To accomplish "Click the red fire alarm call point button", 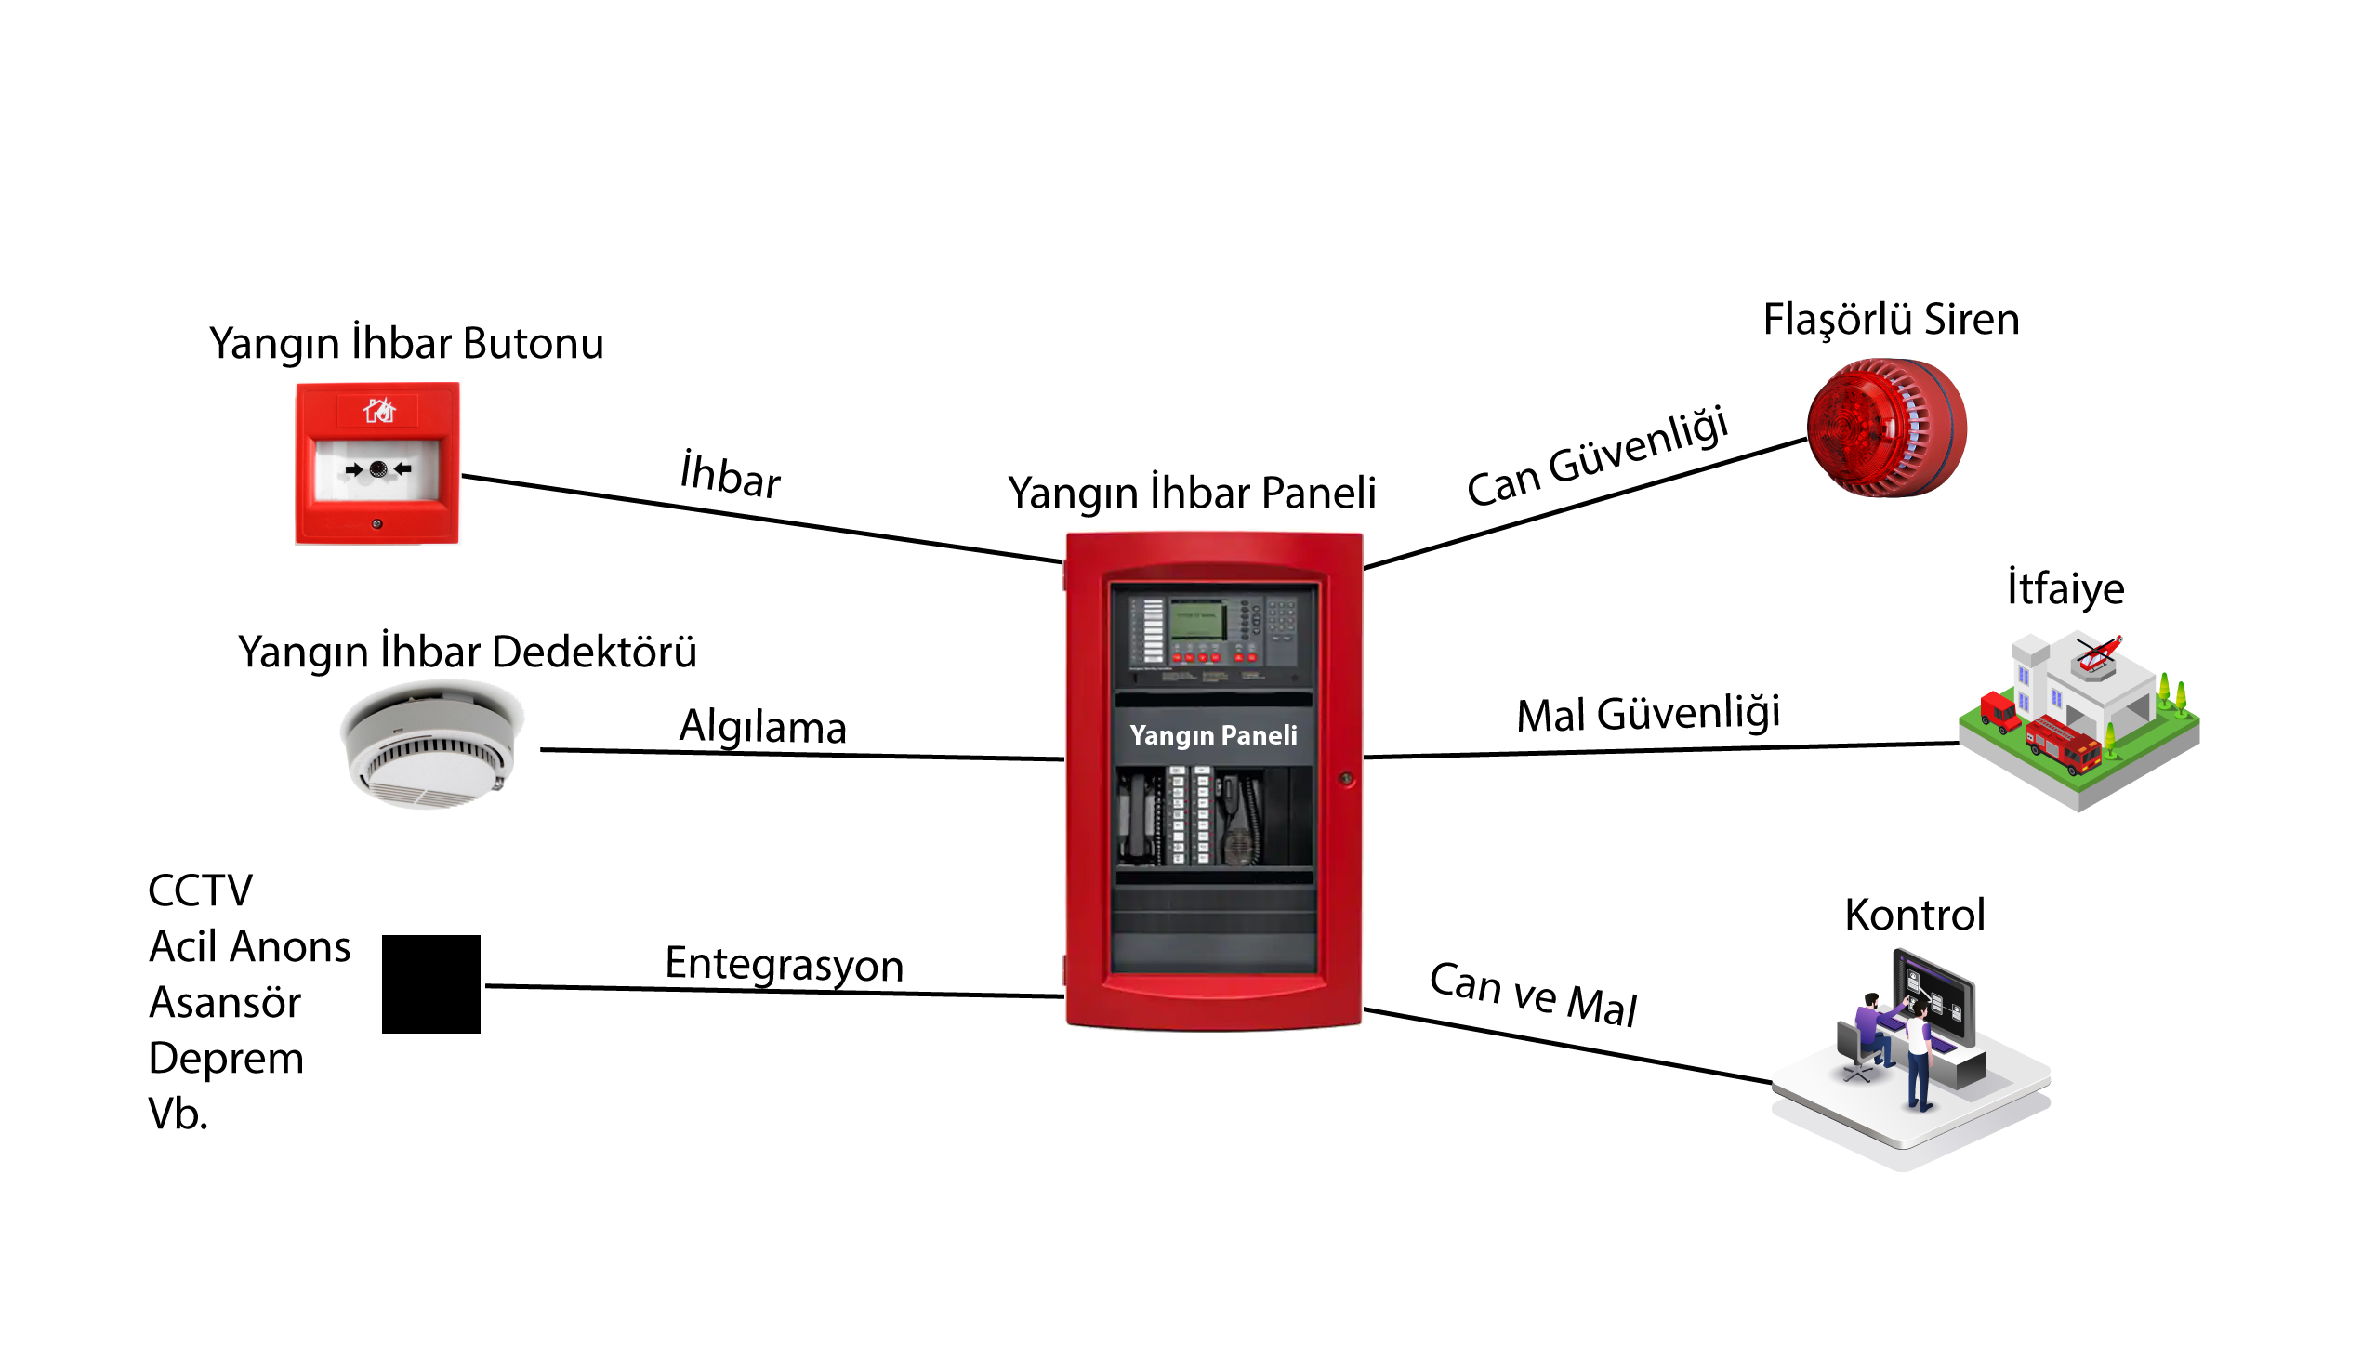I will (x=376, y=463).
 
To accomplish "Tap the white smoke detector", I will (x=429, y=745).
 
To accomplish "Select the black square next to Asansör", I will (x=430, y=984).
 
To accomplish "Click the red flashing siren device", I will (x=1885, y=428).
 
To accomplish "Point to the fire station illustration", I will (x=2078, y=719).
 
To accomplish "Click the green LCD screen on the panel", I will (x=1198, y=621).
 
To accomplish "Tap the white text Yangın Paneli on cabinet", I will (x=1213, y=735).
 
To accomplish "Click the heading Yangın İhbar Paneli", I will (x=1192, y=493).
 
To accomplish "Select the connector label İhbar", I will (x=730, y=476).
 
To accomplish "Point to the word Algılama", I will (x=762, y=728).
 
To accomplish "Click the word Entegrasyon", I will (x=785, y=964).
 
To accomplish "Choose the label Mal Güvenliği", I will (x=1648, y=715).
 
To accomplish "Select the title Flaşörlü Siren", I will (x=1891, y=320).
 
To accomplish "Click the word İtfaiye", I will (x=2065, y=588).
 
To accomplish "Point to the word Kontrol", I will (x=1914, y=915).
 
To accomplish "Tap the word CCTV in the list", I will (x=201, y=890).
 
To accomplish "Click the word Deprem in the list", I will (x=227, y=1059).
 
